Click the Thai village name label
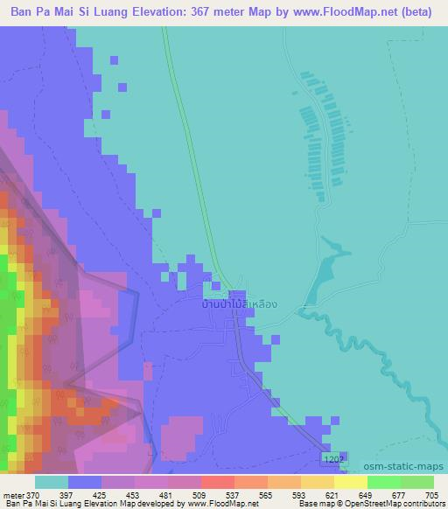(240, 304)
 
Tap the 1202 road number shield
(333, 458)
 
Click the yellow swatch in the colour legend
(351, 482)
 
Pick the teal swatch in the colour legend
(52, 482)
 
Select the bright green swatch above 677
(384, 482)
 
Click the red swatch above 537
(218, 482)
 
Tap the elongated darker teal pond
(323, 267)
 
